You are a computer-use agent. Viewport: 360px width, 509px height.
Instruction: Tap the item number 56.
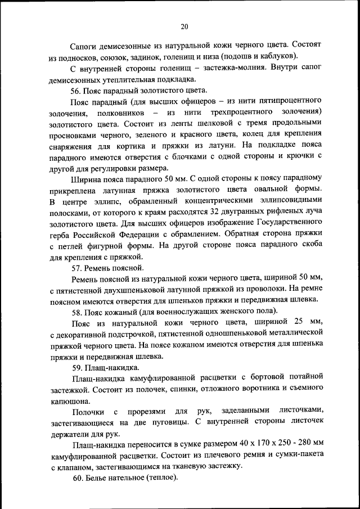(76, 91)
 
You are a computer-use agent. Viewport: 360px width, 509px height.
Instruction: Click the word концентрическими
(243, 200)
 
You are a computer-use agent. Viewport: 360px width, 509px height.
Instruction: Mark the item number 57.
(76, 267)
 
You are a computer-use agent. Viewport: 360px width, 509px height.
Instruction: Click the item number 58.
(76, 311)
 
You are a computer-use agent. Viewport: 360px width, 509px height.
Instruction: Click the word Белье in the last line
(97, 478)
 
